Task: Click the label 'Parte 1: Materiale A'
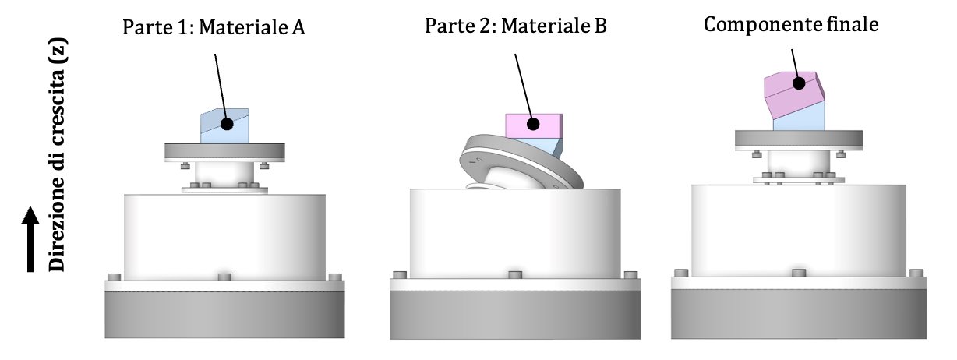click(x=214, y=27)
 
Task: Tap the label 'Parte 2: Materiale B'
click(x=516, y=26)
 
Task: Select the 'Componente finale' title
click(x=791, y=24)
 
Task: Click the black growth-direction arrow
click(x=30, y=238)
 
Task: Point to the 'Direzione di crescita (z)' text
click(x=58, y=155)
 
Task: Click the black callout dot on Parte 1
click(x=228, y=124)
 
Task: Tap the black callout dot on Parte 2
click(x=533, y=124)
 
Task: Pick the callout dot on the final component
click(x=799, y=83)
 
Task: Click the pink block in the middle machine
click(x=533, y=126)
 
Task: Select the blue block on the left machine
click(x=224, y=126)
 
